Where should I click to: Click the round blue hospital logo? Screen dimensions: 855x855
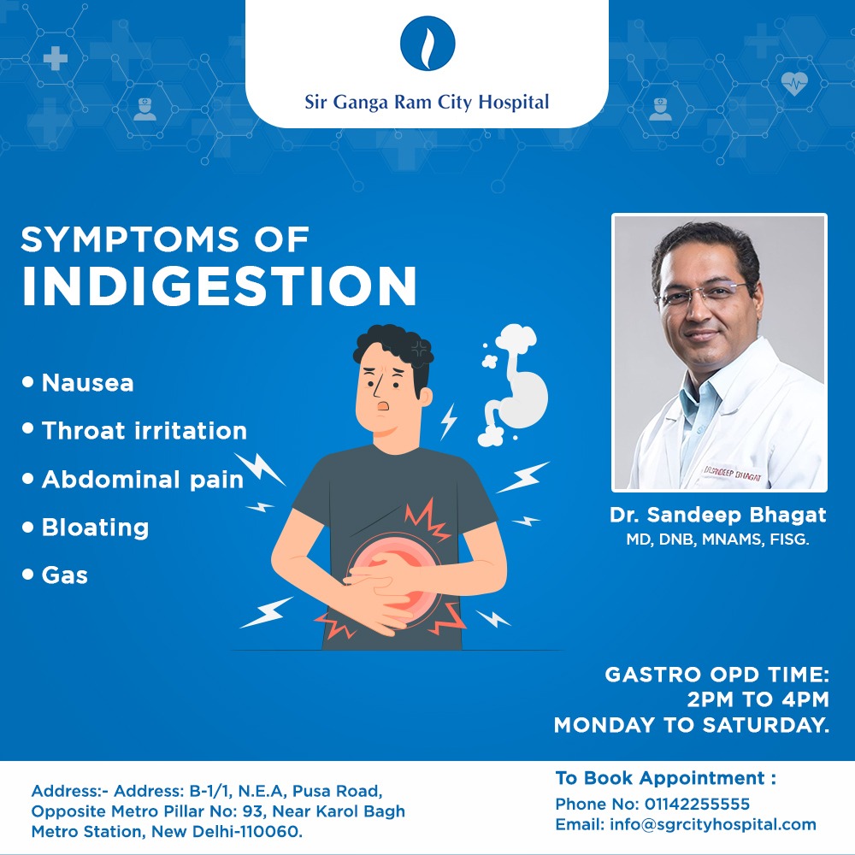[427, 43]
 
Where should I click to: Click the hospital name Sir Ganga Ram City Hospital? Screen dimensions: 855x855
[427, 102]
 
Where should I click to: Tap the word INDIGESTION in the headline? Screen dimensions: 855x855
[219, 286]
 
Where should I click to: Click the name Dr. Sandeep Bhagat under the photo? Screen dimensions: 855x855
[717, 515]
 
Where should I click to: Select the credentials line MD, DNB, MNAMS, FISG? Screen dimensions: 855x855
[717, 540]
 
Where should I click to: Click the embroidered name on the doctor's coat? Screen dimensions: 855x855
[732, 474]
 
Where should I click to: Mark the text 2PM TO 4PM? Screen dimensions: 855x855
[758, 699]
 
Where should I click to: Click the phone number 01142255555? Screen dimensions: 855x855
[697, 804]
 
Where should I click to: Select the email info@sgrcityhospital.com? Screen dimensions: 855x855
[713, 824]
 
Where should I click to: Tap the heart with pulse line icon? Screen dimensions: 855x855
[794, 84]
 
